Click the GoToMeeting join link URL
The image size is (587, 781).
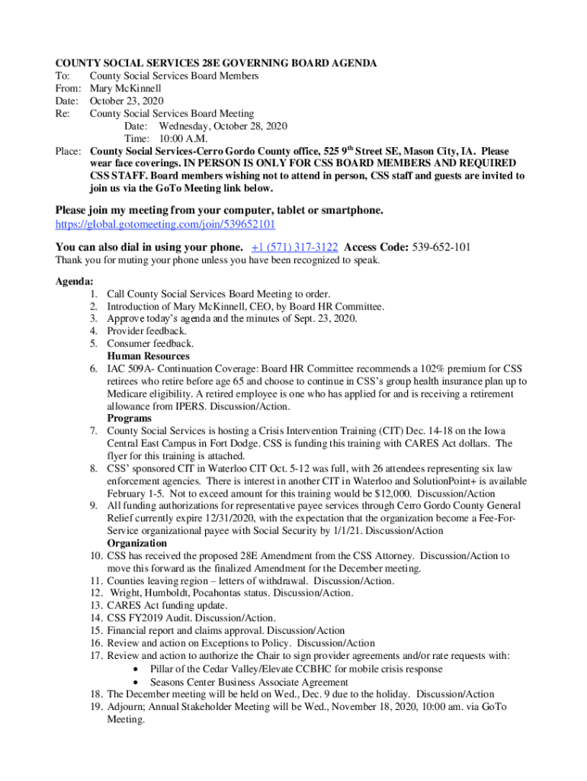tap(165, 225)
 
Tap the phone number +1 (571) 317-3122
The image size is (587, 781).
tap(294, 247)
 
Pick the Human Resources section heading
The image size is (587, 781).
tap(148, 356)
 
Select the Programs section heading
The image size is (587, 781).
tap(129, 419)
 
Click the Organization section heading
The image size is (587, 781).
tap(136, 543)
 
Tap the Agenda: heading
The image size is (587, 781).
tap(75, 281)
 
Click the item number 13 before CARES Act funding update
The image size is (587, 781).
tap(95, 606)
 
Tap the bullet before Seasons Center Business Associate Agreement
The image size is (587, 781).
tap(136, 683)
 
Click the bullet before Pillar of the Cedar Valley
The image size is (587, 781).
tap(136, 670)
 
